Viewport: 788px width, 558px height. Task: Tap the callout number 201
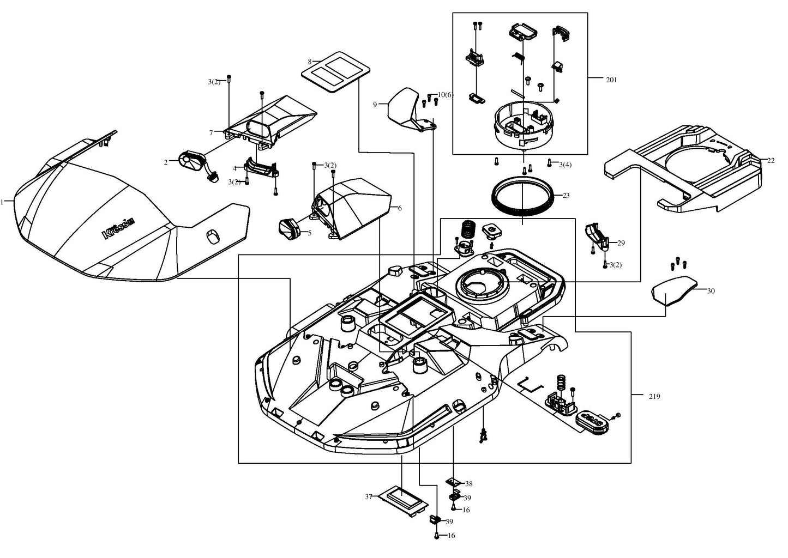(x=611, y=80)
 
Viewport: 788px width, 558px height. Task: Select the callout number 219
(x=654, y=397)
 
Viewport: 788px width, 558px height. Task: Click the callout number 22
(x=771, y=161)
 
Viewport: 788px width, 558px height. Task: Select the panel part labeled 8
(x=336, y=72)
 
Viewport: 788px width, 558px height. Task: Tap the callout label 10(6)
(x=446, y=95)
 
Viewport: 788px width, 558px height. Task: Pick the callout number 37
(x=368, y=497)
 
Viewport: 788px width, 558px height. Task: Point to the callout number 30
(x=711, y=291)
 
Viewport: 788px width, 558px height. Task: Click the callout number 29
(x=621, y=243)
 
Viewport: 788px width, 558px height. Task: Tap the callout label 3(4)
(x=566, y=165)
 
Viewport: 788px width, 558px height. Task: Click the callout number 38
(x=468, y=484)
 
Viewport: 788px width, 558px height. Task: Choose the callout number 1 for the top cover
(x=2, y=202)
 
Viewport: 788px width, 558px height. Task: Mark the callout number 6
(x=400, y=208)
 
